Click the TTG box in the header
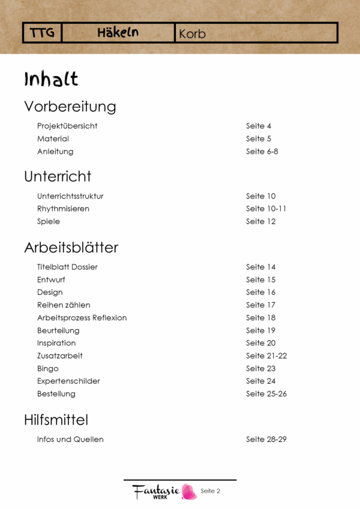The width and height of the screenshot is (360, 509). pos(42,33)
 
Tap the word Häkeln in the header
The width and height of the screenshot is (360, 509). pos(118,33)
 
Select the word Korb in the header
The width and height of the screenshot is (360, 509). pos(192,34)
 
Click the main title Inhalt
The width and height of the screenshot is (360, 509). pos(51,79)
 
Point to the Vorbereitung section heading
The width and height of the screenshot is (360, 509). pos(70,107)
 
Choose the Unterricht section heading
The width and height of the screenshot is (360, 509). pos(58,176)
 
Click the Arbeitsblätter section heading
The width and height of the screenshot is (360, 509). pos(71,247)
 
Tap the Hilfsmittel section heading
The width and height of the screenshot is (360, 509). pos(56,419)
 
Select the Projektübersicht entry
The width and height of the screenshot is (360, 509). pos(67,127)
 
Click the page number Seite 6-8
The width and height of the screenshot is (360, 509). pos(262,152)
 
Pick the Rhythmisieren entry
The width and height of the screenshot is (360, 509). pos(63,209)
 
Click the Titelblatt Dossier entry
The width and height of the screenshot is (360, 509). pos(67,267)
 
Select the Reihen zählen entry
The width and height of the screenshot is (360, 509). pos(64,305)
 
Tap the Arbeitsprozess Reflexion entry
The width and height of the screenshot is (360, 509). pos(82,318)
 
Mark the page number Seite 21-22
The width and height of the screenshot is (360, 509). pos(266,356)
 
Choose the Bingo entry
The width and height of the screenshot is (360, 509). pos(48,369)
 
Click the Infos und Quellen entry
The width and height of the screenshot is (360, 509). pos(70,439)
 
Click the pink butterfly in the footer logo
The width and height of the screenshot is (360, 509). pos(189,492)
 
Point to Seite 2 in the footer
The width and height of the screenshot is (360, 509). pos(211,491)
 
